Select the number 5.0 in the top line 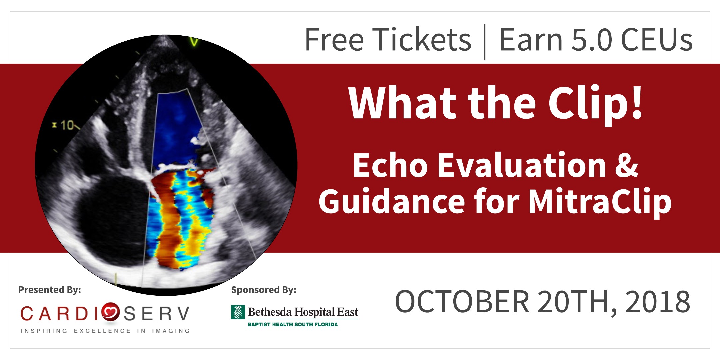[x=592, y=40]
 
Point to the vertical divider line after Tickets [x=485, y=42]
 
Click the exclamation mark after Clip [x=636, y=102]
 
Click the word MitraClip [x=600, y=201]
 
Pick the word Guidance [x=392, y=201]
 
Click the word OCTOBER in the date [x=462, y=301]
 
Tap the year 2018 [x=657, y=301]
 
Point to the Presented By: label [x=50, y=290]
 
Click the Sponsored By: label [x=264, y=290]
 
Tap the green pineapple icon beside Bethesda [x=238, y=312]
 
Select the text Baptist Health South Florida [x=293, y=324]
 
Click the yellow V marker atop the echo [x=194, y=42]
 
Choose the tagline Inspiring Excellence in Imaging [x=105, y=331]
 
